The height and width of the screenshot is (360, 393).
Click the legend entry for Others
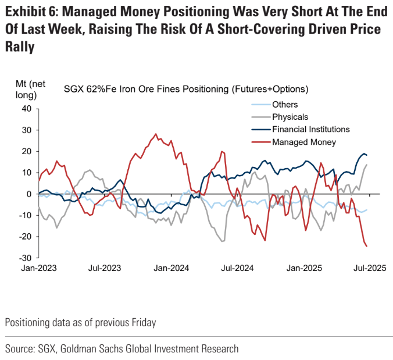click(x=285, y=105)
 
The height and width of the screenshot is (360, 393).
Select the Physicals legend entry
click(x=290, y=117)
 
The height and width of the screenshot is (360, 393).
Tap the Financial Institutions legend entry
click(x=310, y=129)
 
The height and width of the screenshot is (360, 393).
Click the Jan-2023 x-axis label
click(x=38, y=269)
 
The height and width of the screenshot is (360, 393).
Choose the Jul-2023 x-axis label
click(x=105, y=269)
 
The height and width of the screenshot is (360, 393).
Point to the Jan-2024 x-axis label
click(x=172, y=269)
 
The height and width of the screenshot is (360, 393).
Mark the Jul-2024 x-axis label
click(x=239, y=269)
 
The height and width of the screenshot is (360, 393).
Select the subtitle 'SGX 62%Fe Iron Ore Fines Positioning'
click(x=147, y=89)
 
